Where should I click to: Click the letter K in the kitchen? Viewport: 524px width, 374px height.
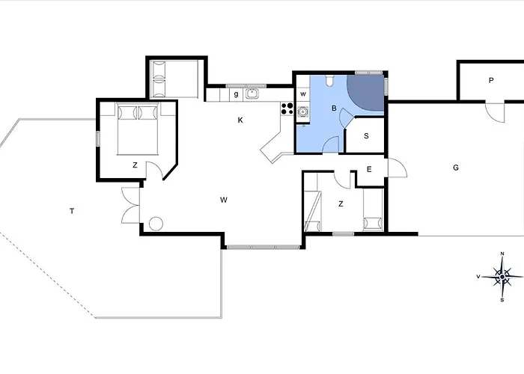coord(240,120)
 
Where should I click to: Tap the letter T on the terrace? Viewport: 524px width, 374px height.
coord(72,211)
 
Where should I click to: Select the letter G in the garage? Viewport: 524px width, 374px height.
coord(456,168)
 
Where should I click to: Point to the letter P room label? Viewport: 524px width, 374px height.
coord(491,80)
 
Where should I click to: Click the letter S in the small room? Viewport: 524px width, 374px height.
coord(366,136)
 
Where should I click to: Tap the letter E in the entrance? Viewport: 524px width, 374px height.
coord(369,169)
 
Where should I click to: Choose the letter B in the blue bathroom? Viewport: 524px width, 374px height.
coord(334,108)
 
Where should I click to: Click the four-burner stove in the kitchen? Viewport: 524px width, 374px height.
coord(287,108)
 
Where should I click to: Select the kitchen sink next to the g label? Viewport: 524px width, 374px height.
coord(252,93)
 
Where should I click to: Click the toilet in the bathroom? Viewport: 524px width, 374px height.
coord(330,81)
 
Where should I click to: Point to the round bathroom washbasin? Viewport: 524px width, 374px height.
coord(303,111)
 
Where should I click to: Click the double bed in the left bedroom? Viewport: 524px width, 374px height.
coord(137,129)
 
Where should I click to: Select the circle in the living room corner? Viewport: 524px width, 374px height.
coord(156,224)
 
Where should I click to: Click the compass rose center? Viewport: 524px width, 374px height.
coord(502,277)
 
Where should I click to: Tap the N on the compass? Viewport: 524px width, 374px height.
coord(502,254)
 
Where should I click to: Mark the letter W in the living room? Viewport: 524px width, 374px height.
coord(224,200)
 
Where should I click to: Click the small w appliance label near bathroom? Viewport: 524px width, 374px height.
coord(303,94)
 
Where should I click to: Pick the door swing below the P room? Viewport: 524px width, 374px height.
coord(495,113)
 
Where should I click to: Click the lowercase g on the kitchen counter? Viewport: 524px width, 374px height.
coord(237,94)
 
